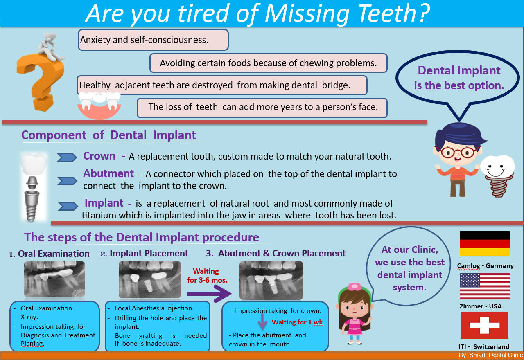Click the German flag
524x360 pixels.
(x=485, y=243)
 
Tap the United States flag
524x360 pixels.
(x=485, y=286)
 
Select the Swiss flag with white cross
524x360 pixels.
(x=484, y=325)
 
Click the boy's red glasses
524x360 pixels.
(x=457, y=153)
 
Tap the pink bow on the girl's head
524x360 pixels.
(x=355, y=287)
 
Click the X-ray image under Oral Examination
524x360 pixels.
(x=54, y=279)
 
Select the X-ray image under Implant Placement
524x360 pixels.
(x=150, y=279)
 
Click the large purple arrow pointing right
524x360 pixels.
(x=209, y=294)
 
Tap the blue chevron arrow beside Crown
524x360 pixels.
(x=67, y=157)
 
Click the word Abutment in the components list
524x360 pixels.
(x=108, y=173)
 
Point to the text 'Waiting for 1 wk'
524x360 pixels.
(x=297, y=322)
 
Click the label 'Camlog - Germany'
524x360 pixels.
(x=485, y=266)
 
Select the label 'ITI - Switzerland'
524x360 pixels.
(x=484, y=346)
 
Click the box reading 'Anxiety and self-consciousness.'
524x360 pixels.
(x=153, y=40)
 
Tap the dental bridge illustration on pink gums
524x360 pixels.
(x=99, y=106)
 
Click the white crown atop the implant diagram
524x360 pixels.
(x=34, y=164)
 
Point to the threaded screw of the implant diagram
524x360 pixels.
(x=32, y=206)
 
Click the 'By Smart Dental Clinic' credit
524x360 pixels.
(x=491, y=355)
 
